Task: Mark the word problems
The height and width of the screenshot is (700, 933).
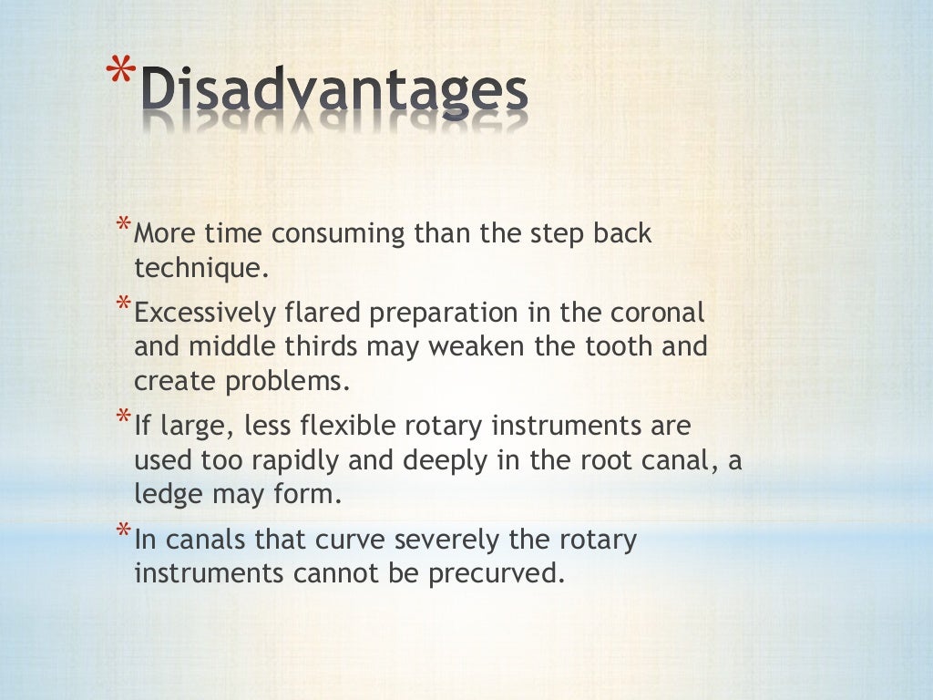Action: pos(292,382)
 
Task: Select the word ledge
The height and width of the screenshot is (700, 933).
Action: pos(165,496)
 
